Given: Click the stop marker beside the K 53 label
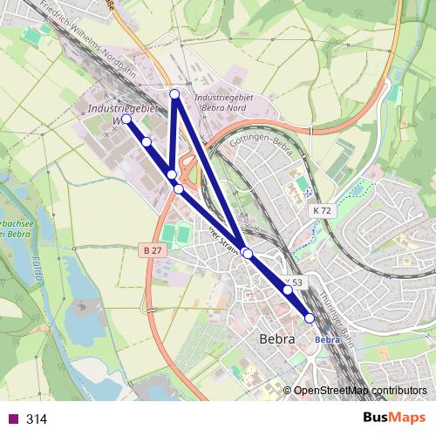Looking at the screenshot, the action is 288,290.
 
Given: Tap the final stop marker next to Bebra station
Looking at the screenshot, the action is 310,318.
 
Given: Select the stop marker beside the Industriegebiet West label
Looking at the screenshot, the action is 126,119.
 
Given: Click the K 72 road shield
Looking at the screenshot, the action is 323,211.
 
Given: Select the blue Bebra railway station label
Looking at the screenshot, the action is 326,339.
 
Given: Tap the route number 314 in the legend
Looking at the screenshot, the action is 37,419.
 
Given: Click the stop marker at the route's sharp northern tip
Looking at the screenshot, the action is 174,93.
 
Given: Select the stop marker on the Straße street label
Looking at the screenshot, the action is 248,253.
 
